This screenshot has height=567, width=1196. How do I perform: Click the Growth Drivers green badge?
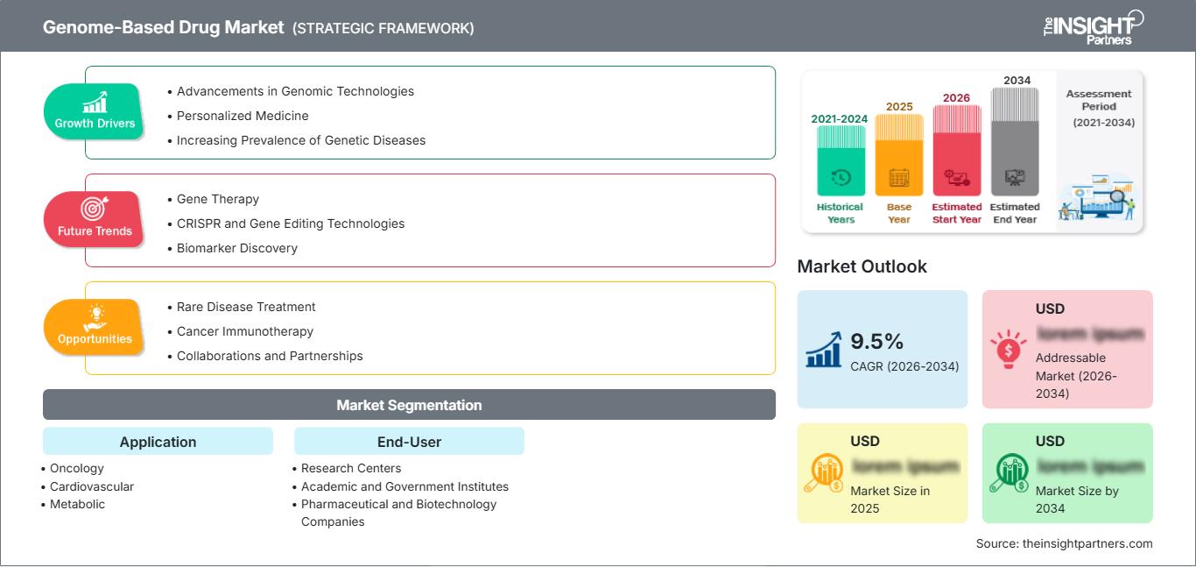coord(94,111)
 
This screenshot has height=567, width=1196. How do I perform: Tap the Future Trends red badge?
coord(94,219)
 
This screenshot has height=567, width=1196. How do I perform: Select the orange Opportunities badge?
coord(94,327)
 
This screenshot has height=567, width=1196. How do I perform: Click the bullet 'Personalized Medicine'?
coord(242,116)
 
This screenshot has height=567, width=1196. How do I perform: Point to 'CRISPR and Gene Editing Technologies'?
coord(290,223)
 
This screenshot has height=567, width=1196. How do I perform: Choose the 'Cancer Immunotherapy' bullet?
coord(244,331)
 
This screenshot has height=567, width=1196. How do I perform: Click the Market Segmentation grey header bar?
coord(409,405)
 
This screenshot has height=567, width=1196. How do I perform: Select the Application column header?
coord(158,442)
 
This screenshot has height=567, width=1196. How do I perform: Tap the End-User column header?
coord(409,442)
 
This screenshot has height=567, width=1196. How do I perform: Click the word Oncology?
coord(77,469)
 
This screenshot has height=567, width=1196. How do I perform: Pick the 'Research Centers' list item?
coord(351,469)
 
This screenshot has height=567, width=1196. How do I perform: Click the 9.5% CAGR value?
coord(876,341)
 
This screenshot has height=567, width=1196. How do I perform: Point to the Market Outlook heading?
coord(862,266)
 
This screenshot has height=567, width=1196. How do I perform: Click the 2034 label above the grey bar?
coord(1017,81)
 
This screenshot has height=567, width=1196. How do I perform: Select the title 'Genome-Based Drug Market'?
coord(164,27)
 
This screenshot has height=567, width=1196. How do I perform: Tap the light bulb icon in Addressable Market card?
coord(1008,349)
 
